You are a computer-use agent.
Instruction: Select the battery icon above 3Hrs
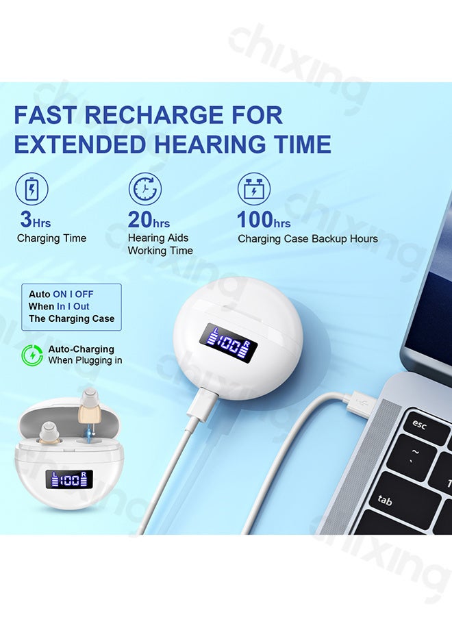32,189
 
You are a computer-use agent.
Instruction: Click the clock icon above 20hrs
145,189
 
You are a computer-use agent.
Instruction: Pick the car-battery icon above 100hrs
254,189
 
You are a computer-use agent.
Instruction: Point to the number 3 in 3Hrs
26,219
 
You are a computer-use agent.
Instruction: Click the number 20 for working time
140,220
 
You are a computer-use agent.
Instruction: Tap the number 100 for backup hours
255,220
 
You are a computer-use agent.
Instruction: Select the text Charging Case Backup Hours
307,239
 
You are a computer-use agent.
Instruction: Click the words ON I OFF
73,294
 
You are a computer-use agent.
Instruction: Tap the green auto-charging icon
32,355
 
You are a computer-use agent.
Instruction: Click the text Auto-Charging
81,349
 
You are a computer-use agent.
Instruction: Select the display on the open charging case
69,479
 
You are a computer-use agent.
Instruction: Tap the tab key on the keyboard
384,500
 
